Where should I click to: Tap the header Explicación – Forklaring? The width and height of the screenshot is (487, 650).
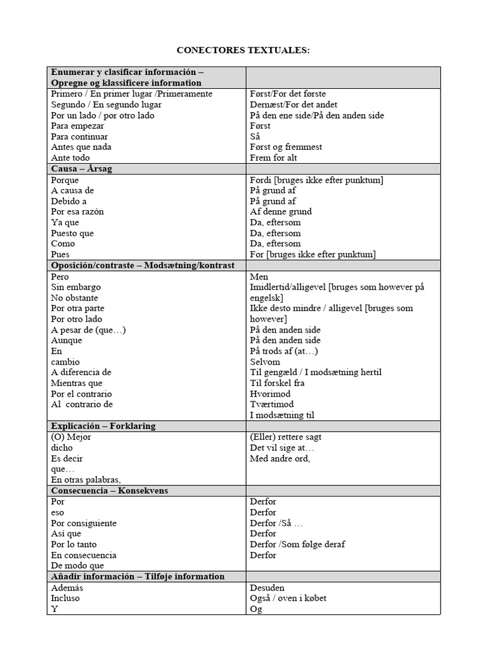click(x=103, y=426)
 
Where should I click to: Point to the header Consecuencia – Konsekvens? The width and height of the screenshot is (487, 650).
click(x=109, y=491)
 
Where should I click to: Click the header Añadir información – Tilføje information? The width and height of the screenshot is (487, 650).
click(x=138, y=576)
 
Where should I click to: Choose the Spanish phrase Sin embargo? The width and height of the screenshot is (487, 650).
click(x=75, y=287)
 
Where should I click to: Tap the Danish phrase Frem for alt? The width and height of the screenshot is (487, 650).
click(x=273, y=157)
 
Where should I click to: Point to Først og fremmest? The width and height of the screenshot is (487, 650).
click(x=286, y=147)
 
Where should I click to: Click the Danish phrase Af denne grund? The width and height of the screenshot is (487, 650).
click(x=281, y=211)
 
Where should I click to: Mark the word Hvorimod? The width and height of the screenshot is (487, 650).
click(x=270, y=394)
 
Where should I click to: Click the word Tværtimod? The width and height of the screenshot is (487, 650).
click(x=271, y=404)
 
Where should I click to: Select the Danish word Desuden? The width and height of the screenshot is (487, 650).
click(x=268, y=588)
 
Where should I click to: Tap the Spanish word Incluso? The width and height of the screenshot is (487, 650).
click(x=65, y=598)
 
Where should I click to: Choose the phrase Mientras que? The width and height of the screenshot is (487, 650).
click(x=77, y=383)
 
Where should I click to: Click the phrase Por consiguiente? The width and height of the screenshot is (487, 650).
click(x=84, y=523)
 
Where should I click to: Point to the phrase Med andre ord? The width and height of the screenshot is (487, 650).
click(x=280, y=458)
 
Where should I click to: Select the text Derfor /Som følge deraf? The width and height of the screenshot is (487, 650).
click(x=297, y=544)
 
